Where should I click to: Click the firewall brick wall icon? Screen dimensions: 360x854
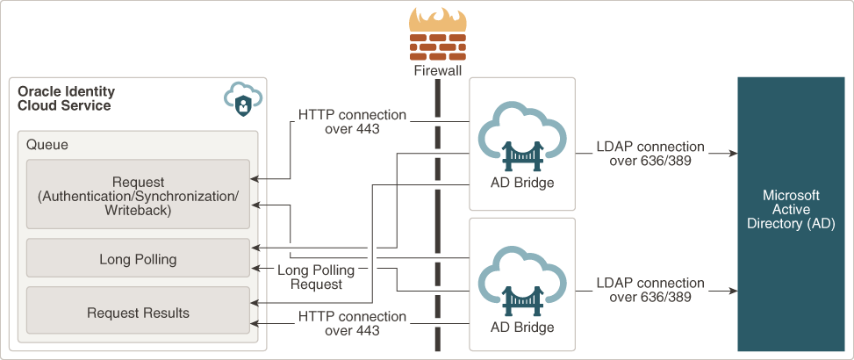click(437, 45)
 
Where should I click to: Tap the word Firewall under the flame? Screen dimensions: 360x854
click(437, 70)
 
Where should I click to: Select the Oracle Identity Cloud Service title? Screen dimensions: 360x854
click(66, 98)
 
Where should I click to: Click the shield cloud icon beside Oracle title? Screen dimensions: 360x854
click(240, 99)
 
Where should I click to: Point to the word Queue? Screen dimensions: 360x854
click(47, 145)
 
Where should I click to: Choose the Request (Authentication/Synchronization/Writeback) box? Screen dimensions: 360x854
click(138, 197)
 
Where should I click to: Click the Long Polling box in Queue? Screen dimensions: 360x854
click(138, 259)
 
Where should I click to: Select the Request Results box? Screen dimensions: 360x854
click(138, 313)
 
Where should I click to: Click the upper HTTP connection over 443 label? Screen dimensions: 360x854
click(352, 122)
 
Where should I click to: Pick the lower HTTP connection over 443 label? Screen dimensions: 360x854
click(352, 323)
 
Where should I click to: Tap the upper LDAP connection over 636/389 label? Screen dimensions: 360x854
click(650, 154)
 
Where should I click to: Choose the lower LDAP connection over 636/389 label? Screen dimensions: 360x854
click(650, 290)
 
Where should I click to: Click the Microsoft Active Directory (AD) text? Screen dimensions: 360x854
click(791, 210)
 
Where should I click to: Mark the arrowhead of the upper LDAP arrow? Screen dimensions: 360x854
click(731, 154)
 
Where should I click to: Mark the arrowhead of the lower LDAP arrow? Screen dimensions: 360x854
click(731, 290)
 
